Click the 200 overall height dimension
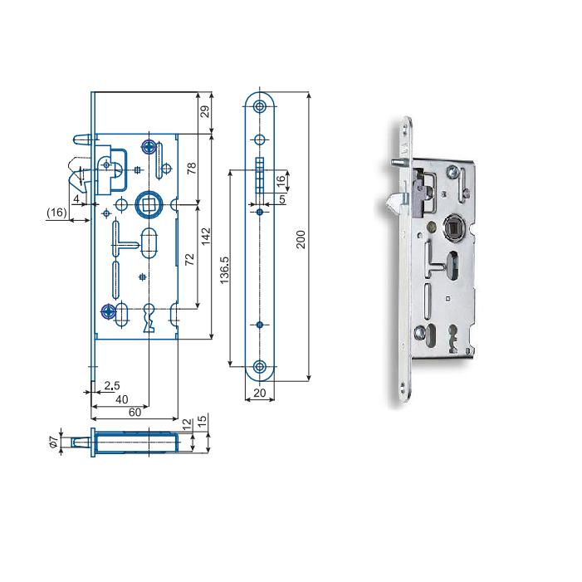point(301,239)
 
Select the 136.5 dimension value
point(224,270)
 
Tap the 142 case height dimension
point(206,236)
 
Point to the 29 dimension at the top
point(205,111)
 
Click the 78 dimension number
point(192,169)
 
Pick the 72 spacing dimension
point(189,259)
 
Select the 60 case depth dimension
point(134,413)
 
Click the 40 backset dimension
point(122,399)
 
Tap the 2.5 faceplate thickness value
point(112,386)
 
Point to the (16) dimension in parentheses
point(56,213)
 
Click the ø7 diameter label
point(54,442)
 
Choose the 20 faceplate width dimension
point(259,393)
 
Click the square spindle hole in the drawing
point(148,204)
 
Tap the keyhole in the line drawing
point(149,318)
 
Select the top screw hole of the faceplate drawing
point(259,107)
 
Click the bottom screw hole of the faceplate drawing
point(259,367)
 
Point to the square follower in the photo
point(454,227)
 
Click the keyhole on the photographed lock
point(452,338)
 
